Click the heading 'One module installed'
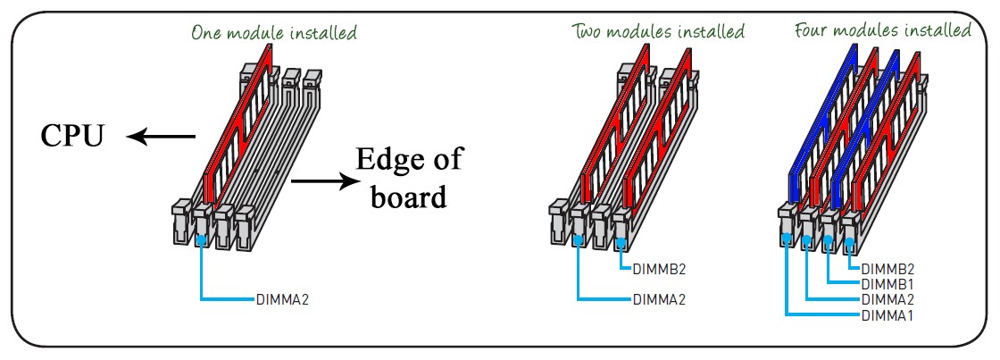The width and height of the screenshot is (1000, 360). coord(273,33)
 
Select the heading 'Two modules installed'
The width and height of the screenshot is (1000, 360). coord(658,31)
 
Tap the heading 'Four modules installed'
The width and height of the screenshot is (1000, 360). coord(882,30)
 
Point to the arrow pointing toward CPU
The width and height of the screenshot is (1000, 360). coord(161,137)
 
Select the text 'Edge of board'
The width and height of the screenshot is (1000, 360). coord(409,178)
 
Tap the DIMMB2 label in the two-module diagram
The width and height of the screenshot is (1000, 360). coord(659,268)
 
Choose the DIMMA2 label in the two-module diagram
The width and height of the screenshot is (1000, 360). coord(659,299)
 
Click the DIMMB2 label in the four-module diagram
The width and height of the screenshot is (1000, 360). coord(889,268)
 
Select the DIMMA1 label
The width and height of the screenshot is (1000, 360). coord(889,316)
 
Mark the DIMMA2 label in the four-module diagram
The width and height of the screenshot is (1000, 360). coord(889,300)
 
